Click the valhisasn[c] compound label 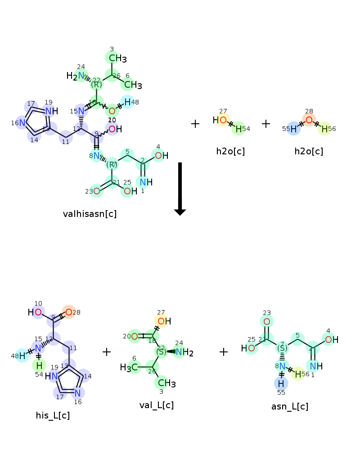click(90, 214)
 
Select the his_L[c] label click(53, 415)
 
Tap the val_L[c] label click(157, 405)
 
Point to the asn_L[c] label click(290, 406)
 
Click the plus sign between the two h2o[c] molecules click(266, 124)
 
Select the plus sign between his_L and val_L click(107, 352)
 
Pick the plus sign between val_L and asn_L click(224, 352)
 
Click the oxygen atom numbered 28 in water click(309, 120)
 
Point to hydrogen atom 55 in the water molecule click(293, 129)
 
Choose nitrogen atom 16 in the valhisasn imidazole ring click(22, 122)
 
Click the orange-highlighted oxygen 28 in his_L click(69, 312)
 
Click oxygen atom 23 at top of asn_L click(267, 321)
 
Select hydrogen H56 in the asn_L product click(298, 374)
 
